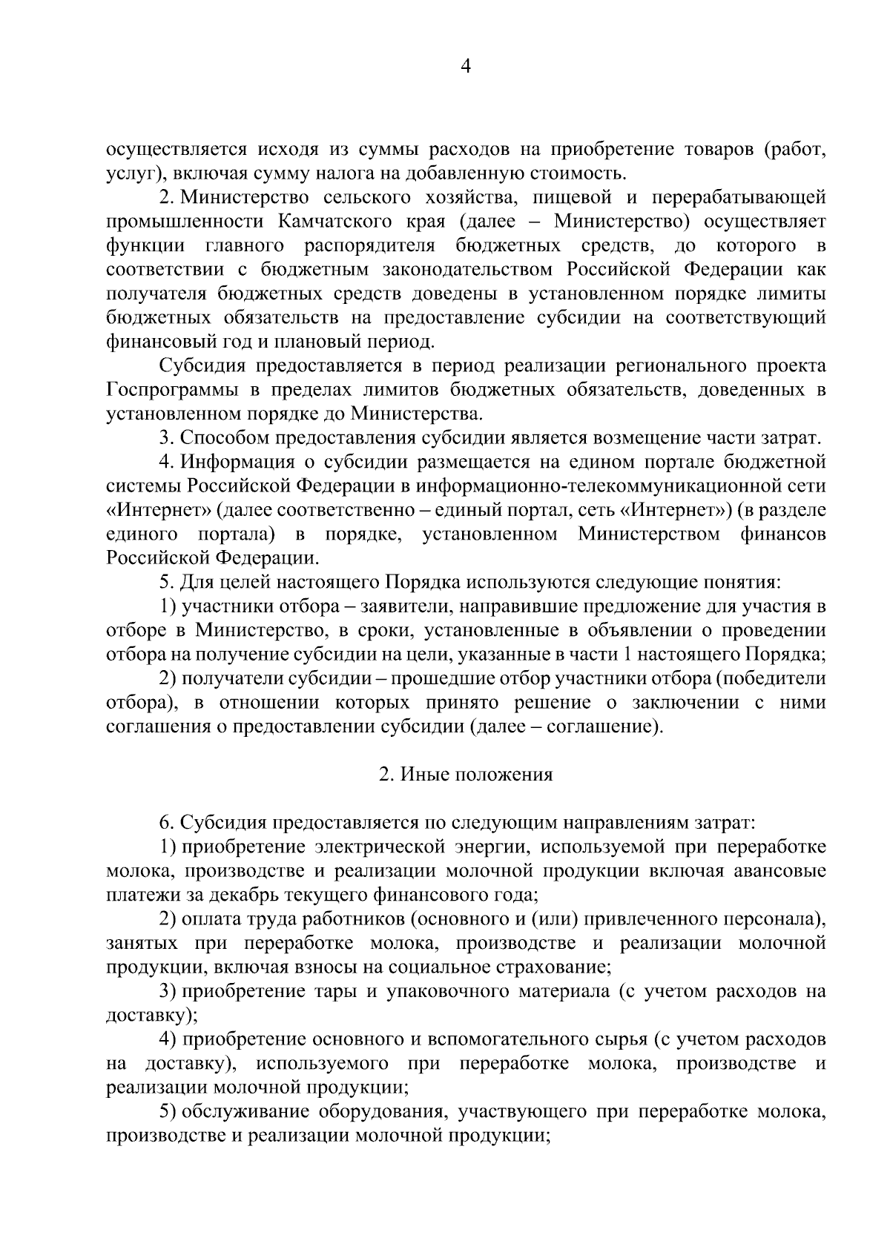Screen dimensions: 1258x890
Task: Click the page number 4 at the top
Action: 466,67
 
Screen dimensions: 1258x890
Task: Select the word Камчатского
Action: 338,222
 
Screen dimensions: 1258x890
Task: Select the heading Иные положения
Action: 466,775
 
